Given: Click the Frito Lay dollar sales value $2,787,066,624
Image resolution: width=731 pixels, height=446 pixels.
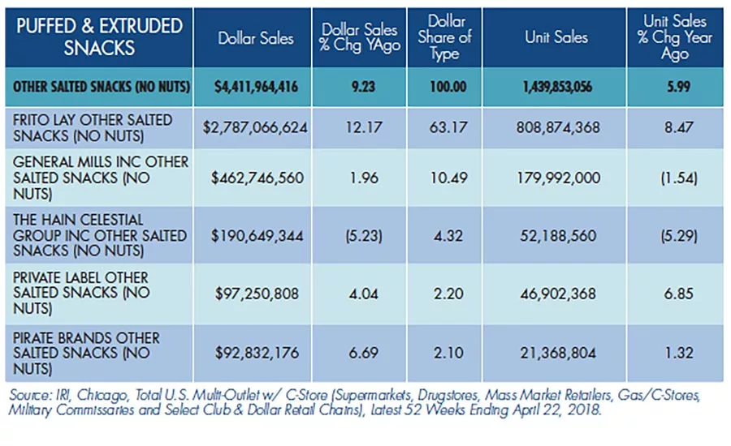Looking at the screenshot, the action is coord(255,127).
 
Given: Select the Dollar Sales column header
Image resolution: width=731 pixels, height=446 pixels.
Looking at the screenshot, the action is coord(256,38).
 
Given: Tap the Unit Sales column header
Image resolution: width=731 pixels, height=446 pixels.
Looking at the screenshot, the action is coord(556,37).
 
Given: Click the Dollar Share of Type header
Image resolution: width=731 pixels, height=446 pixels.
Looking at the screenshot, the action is coord(445,37).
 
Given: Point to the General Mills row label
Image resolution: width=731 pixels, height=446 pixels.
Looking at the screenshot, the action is coord(101,178).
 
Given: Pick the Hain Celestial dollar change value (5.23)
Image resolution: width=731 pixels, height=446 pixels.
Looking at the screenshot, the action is coord(364,236).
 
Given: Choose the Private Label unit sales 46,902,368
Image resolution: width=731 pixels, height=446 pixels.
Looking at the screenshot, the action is coord(558,294).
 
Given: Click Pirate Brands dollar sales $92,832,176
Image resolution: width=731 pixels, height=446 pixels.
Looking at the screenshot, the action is coord(257,353).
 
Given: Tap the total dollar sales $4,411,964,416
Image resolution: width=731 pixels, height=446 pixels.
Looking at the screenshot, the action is coord(256,87).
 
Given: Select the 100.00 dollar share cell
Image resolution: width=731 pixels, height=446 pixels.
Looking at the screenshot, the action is coord(448,87).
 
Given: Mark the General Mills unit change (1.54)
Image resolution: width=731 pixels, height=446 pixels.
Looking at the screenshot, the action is coord(679,178).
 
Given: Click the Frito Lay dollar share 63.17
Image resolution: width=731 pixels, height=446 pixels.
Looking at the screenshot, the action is coord(448,127).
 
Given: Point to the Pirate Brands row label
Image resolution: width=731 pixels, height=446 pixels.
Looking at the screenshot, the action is coord(86,354).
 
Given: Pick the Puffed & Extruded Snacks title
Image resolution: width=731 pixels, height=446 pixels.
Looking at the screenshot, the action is coord(99,36).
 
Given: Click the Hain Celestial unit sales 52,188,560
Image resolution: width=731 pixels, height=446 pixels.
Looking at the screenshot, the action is coord(558,236).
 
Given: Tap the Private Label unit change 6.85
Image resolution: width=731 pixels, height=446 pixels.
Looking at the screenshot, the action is coord(679,294).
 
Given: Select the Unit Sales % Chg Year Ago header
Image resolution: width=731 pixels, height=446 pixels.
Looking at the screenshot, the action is coord(675,37).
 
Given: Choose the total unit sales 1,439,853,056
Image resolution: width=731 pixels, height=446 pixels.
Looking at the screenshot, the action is coord(557,87).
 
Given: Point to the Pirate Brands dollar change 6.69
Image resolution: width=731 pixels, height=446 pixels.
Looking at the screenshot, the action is coord(364,353).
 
